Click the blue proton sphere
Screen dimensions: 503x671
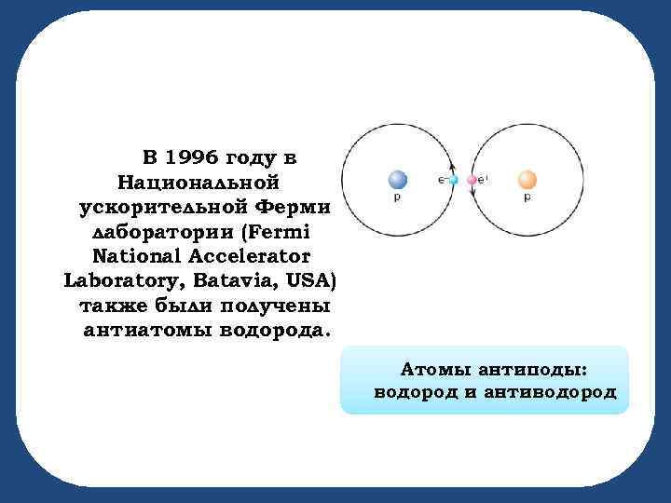tap(398, 179)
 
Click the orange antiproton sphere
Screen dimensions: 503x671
tap(527, 179)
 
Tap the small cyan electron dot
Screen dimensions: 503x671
tap(454, 179)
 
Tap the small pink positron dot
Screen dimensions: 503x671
tap(472, 179)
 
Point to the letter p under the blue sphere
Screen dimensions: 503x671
tap(398, 198)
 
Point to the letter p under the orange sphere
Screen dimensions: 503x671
tap(527, 198)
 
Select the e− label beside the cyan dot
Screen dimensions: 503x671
tap(442, 178)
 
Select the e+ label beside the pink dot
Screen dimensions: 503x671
tap(484, 178)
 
